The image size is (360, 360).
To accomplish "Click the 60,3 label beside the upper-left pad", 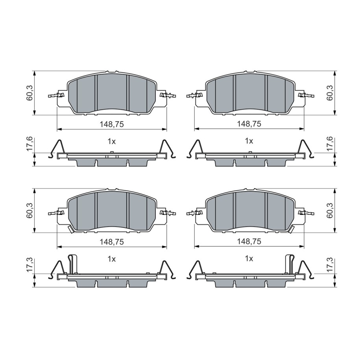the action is pos(30,93).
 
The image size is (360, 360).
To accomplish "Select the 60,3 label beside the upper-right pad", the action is pos(330,93).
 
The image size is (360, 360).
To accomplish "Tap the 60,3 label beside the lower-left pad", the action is pos(30,210).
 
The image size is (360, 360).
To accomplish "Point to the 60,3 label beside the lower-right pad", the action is pos(330,210).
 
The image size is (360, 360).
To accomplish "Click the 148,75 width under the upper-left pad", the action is pos(112,124).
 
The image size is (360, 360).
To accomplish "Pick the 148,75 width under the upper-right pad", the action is pos(249,124).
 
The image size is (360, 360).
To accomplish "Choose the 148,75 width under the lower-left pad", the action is pos(112,242).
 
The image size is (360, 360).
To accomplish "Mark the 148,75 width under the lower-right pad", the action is pos(249,241).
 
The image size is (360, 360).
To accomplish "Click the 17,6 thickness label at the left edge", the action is pos(30,144).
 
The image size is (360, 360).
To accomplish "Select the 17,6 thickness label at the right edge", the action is pos(330,144).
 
